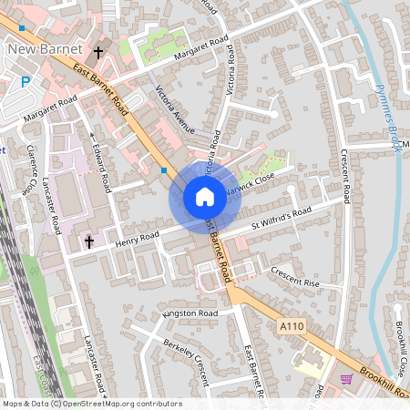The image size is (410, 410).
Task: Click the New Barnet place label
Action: pyautogui.click(x=45, y=48)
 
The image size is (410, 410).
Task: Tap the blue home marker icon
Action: pyautogui.click(x=205, y=196)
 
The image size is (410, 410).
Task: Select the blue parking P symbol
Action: pyautogui.click(x=26, y=82)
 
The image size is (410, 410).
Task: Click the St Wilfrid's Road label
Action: pyautogui.click(x=282, y=217)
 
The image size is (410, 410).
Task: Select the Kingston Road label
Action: pyautogui.click(x=190, y=313)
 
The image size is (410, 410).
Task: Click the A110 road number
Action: pyautogui.click(x=292, y=325)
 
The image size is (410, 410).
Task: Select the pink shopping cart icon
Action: pyautogui.click(x=346, y=378)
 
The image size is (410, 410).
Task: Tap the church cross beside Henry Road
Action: pyautogui.click(x=89, y=241)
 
